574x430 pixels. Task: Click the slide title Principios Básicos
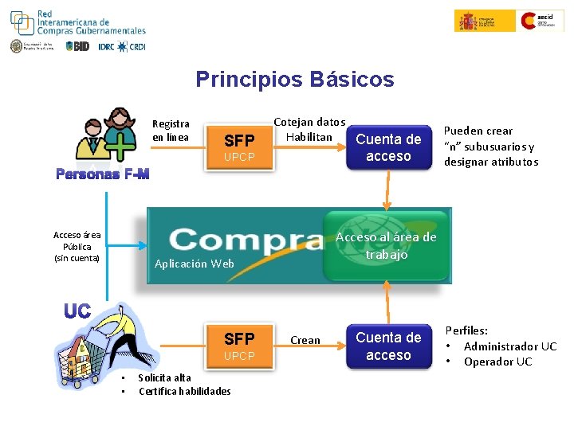(294, 80)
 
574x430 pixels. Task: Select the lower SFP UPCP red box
(239, 346)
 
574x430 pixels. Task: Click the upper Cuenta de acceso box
(388, 147)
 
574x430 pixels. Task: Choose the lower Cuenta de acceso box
(388, 346)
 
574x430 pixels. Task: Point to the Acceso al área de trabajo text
(386, 246)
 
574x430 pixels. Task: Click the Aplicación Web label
(194, 264)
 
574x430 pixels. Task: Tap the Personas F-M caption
(102, 174)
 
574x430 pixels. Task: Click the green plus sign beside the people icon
(118, 149)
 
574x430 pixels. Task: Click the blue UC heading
(77, 311)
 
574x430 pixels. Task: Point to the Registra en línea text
(171, 131)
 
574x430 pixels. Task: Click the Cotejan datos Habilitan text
(309, 130)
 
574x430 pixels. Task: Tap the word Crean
(305, 340)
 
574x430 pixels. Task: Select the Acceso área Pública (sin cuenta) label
(77, 246)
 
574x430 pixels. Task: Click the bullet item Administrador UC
(509, 346)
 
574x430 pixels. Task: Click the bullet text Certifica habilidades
(184, 391)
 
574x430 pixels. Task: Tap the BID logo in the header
(77, 46)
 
